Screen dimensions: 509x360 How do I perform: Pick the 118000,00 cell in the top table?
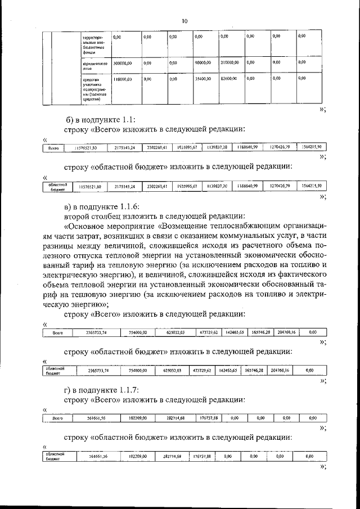pyautogui.click(x=122, y=80)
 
